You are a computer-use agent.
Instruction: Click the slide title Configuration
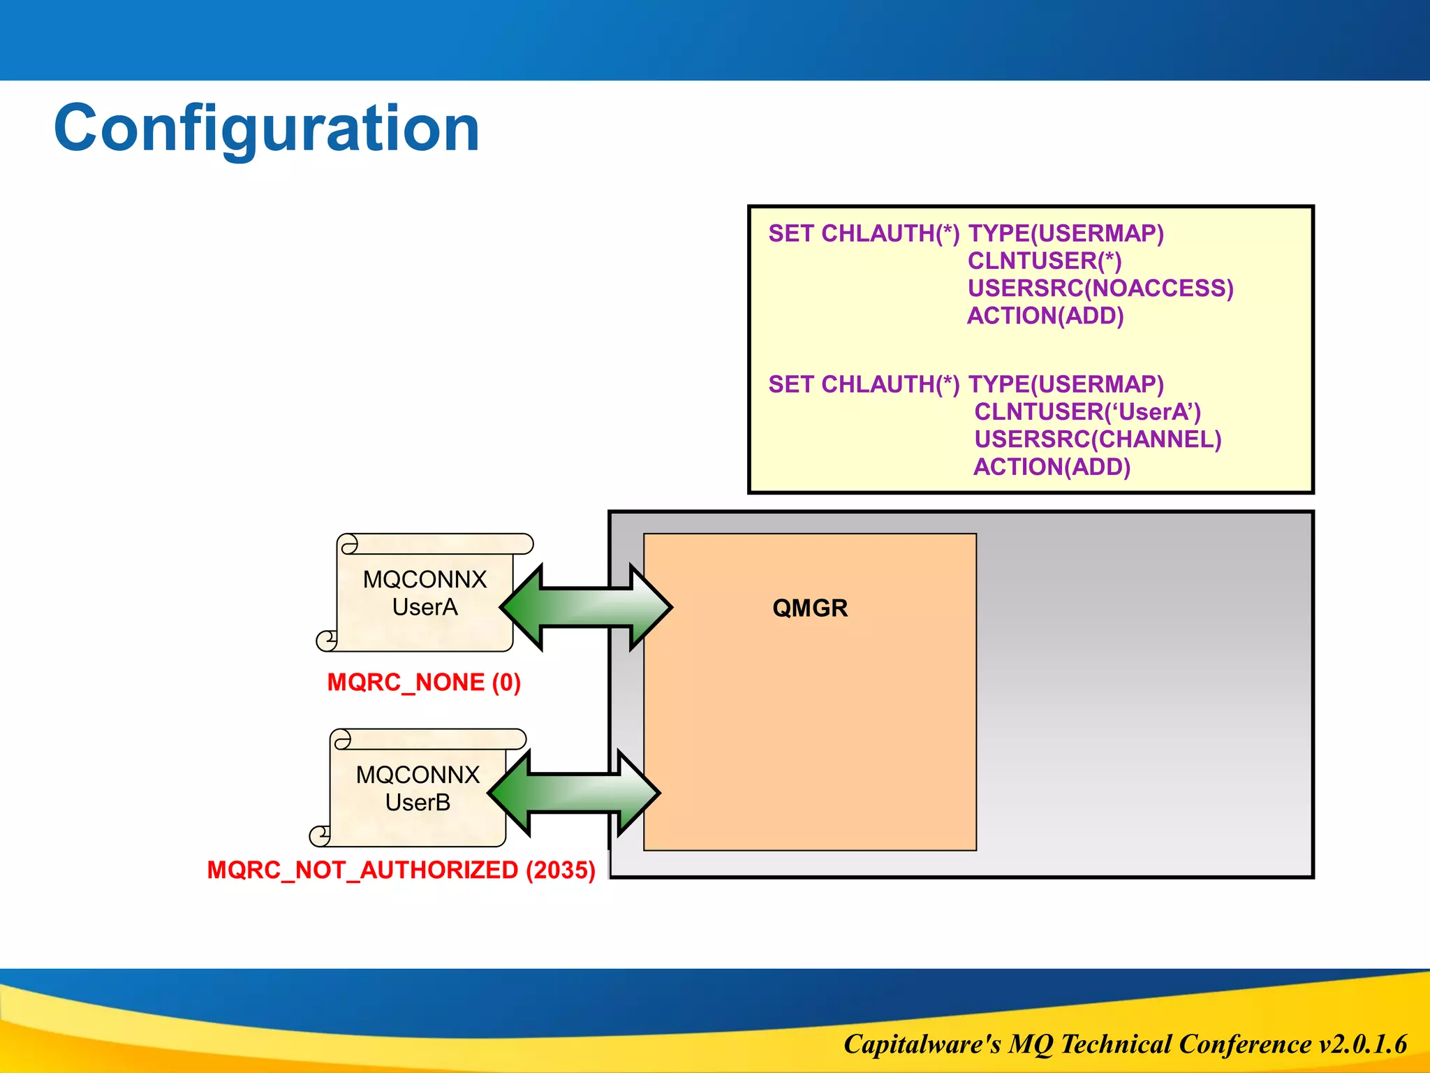(x=267, y=129)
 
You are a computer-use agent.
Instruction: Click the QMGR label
(x=810, y=608)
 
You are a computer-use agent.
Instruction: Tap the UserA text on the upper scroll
(x=425, y=607)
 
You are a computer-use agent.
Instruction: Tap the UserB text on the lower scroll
(x=418, y=803)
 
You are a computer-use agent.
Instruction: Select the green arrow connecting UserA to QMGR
(x=586, y=607)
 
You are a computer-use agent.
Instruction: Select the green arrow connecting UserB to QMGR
(x=573, y=793)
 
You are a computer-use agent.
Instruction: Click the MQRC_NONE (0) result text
(x=424, y=682)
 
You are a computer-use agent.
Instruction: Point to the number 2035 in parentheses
(x=560, y=870)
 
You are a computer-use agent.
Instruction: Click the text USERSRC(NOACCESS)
(x=1100, y=288)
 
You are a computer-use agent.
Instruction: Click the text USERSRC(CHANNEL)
(x=1098, y=439)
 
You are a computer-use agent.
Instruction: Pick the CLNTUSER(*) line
(x=1045, y=261)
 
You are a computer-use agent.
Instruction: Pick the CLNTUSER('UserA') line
(x=1087, y=411)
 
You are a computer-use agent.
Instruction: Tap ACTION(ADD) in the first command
(x=1045, y=316)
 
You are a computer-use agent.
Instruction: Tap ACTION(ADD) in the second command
(x=1052, y=467)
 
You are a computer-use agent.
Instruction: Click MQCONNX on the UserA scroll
(x=425, y=579)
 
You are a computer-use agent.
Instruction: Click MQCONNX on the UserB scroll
(x=418, y=775)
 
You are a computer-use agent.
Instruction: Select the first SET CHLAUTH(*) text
(x=864, y=233)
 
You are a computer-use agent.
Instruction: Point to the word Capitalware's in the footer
(x=922, y=1044)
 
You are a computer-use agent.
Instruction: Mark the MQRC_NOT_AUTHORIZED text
(x=362, y=870)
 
